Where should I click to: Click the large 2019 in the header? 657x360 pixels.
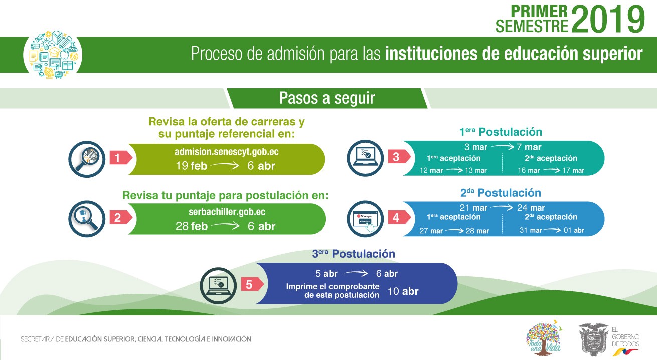(608, 20)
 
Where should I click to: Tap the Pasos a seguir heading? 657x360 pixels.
(327, 98)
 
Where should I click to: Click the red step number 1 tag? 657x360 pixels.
(121, 158)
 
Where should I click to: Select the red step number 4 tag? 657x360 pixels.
(399, 217)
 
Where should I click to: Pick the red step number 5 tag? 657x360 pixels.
(252, 284)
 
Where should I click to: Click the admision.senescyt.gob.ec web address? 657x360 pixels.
(226, 152)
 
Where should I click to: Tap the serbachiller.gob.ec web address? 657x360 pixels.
(227, 212)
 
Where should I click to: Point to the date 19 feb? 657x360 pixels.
(191, 166)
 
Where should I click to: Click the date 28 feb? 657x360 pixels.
(192, 226)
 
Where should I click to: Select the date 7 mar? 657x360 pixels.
(529, 147)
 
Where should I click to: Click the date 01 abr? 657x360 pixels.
(574, 230)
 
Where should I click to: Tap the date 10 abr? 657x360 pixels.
(403, 291)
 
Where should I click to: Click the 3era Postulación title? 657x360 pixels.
(354, 254)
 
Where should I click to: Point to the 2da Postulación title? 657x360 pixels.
(501, 193)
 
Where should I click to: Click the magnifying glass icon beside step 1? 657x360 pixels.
(87, 159)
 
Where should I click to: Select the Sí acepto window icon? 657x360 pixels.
(365, 219)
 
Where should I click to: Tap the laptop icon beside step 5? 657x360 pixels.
(218, 285)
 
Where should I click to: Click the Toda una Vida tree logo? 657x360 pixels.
(544, 338)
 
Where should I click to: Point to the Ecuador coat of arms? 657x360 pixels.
(593, 339)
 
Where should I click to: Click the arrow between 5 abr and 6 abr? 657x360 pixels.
(356, 273)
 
